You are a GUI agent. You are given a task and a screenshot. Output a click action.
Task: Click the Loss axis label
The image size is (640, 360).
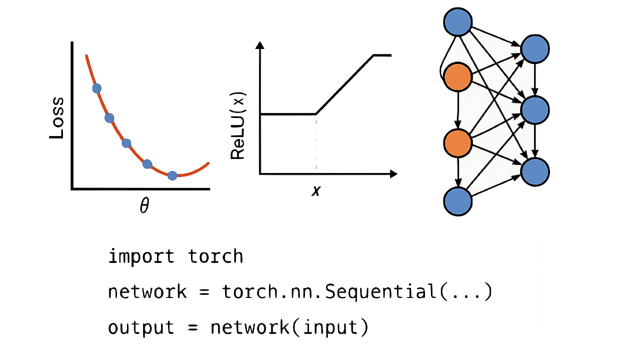tap(56, 118)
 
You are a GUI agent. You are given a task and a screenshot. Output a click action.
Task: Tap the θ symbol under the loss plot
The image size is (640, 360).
tap(144, 205)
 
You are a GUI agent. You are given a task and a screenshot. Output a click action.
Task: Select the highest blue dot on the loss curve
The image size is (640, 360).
tap(97, 88)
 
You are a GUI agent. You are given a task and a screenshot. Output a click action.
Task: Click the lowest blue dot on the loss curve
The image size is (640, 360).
tap(172, 175)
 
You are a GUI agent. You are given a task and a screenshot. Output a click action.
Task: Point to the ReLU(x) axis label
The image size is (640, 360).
tap(237, 125)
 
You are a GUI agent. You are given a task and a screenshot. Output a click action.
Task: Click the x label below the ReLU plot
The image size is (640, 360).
tap(316, 190)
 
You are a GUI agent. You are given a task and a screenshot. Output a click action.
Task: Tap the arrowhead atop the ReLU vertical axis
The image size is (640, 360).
tap(259, 45)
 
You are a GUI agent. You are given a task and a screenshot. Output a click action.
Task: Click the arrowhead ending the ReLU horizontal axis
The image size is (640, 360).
tap(393, 173)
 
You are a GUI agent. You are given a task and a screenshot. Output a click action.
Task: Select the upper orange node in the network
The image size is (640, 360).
tap(457, 77)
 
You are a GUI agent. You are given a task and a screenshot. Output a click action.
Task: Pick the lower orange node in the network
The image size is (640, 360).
tap(457, 143)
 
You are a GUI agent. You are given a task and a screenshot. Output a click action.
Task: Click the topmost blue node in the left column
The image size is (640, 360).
tap(457, 22)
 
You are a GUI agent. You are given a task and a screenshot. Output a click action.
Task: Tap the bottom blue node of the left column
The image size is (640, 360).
tap(457, 201)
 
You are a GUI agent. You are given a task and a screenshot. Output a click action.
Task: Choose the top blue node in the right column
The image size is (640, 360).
tap(535, 49)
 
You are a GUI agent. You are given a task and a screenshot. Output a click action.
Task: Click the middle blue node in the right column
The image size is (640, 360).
tap(535, 110)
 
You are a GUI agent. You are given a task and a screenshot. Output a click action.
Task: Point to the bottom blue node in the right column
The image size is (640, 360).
tap(535, 172)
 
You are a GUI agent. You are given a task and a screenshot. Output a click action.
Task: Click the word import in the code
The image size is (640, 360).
tap(141, 256)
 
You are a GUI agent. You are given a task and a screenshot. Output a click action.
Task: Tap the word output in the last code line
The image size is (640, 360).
tap(141, 327)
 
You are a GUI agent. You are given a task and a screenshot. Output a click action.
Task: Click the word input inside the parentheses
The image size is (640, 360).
tap(330, 327)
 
